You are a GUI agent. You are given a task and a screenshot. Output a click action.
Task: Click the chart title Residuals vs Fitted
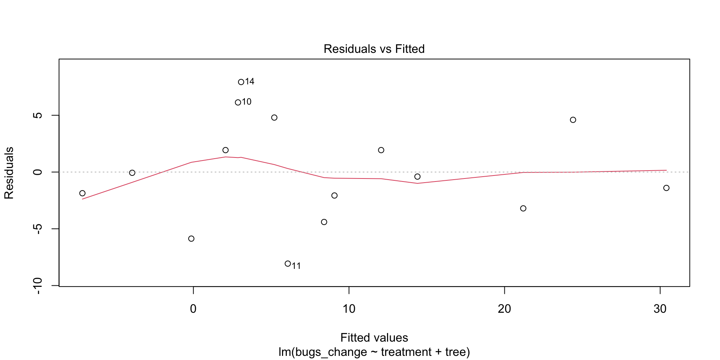374,49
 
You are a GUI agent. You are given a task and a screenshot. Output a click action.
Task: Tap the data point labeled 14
241,82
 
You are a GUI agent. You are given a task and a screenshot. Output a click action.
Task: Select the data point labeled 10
238,102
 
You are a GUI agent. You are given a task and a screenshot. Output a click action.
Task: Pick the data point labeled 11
288,264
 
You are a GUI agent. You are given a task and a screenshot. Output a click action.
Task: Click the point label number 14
250,82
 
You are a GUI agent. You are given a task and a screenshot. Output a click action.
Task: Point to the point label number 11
296,266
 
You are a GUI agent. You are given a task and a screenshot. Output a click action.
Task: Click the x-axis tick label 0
193,309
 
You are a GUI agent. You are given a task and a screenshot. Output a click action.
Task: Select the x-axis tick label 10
349,309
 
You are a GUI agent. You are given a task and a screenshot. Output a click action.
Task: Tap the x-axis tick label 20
504,309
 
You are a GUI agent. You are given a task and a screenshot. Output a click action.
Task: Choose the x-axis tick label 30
660,309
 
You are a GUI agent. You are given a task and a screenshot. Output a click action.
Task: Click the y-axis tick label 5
37,115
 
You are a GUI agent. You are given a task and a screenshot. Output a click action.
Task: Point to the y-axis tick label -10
37,286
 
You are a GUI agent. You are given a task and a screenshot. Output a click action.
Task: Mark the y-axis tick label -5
37,229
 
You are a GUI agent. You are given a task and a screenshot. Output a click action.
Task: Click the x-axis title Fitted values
374,338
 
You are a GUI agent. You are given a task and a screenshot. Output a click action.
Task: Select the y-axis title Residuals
9,173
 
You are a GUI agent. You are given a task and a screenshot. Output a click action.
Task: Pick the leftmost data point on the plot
82,193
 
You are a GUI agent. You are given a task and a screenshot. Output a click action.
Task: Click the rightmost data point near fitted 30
666,188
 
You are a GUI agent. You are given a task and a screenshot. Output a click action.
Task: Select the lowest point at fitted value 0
191,239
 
